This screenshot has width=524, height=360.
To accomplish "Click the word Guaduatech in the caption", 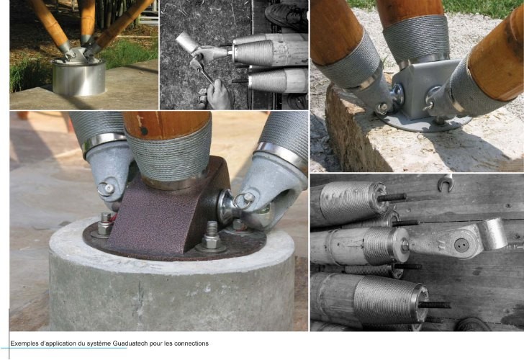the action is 130,343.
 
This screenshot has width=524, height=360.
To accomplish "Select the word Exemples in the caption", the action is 23,343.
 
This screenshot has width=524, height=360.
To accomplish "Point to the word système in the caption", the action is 99,343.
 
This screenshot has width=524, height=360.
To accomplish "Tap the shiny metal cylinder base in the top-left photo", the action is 79,77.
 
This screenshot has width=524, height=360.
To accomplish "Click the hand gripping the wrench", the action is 217,94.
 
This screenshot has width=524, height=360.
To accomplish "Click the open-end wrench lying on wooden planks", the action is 445,183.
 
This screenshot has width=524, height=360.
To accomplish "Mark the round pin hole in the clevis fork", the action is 462,245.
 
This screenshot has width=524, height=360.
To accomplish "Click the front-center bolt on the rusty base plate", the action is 211,238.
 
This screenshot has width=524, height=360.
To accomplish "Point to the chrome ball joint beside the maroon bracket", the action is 225,207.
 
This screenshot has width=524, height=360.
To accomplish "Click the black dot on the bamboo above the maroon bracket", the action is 144,131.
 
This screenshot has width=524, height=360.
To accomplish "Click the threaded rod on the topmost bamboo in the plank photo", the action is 392,197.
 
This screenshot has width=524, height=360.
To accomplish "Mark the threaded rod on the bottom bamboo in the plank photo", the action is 435,305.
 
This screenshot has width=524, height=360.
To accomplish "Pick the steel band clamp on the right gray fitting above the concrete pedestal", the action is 279,152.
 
